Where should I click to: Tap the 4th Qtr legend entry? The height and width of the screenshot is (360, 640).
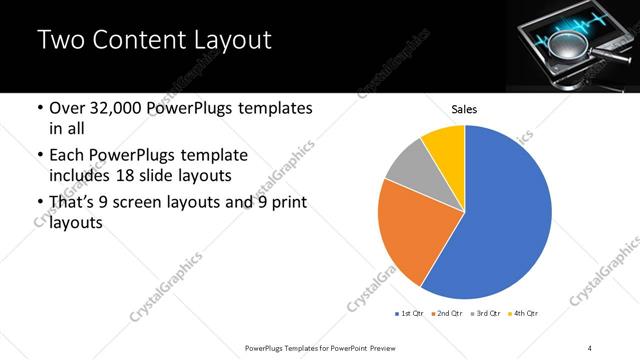(526, 314)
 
